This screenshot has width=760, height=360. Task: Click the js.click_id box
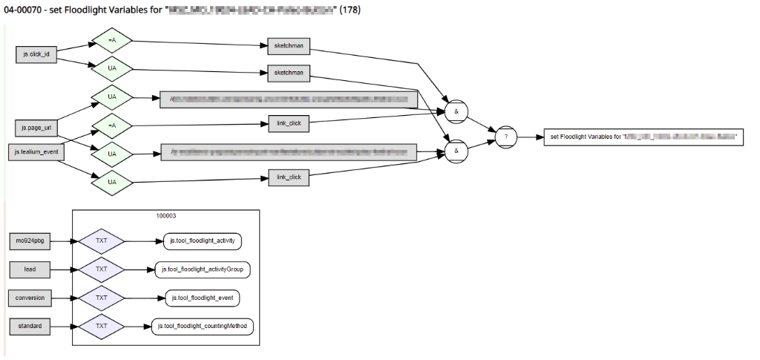(36, 54)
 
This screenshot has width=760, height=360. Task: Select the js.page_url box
(35, 127)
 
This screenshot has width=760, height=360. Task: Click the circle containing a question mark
(507, 137)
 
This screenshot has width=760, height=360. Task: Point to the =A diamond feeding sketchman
(112, 40)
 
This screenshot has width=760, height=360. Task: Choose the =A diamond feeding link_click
(112, 125)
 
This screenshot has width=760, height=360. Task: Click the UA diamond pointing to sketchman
(112, 68)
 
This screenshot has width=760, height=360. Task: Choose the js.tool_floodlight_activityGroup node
(204, 269)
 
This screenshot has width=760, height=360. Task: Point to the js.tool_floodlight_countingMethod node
(203, 326)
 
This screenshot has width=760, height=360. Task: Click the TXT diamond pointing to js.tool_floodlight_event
(102, 298)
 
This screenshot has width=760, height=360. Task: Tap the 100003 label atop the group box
(166, 216)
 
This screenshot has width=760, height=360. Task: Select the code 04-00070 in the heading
(23, 10)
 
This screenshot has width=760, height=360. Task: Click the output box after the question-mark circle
(643, 137)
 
